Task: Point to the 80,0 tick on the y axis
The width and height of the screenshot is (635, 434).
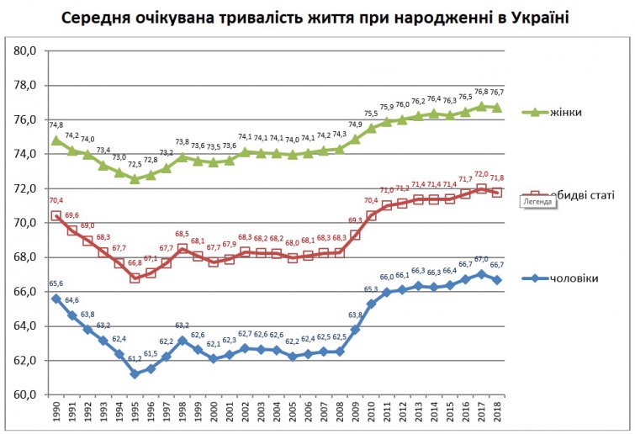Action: tap(25, 51)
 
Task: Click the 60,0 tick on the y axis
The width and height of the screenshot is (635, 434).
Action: tap(25, 394)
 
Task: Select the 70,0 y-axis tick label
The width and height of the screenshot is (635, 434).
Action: tap(25, 223)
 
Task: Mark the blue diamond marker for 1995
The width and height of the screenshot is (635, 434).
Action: tap(135, 373)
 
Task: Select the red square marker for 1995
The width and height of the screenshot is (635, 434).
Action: tap(135, 278)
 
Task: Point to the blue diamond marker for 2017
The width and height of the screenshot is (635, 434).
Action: tap(481, 274)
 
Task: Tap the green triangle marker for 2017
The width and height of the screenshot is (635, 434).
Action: tap(481, 106)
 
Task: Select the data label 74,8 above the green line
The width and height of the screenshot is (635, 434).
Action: tap(56, 124)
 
